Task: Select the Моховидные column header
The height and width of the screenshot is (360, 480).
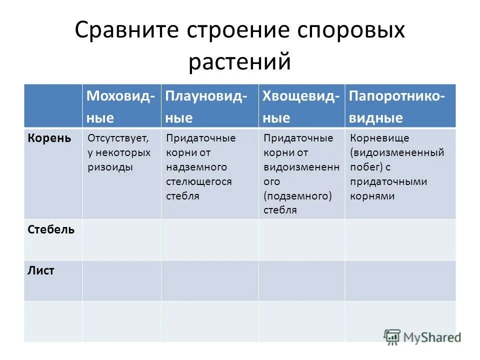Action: click(120, 106)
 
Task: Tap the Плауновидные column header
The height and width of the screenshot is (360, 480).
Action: click(206, 106)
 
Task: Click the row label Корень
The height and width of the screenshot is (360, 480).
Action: click(49, 137)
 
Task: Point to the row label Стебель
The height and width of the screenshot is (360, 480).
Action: click(51, 229)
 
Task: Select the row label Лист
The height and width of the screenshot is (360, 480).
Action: click(41, 271)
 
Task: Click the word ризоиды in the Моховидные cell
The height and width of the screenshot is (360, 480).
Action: click(110, 167)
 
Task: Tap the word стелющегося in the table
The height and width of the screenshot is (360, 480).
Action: click(199, 181)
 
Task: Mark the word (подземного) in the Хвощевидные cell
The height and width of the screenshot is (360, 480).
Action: click(297, 195)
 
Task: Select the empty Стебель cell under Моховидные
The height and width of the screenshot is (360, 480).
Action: click(121, 239)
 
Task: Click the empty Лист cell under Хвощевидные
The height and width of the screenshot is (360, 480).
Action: click(301, 280)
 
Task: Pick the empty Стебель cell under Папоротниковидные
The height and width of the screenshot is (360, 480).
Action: click(400, 239)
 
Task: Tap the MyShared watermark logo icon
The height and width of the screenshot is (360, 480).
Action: click(392, 336)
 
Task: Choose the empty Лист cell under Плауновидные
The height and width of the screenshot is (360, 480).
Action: click(209, 280)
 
